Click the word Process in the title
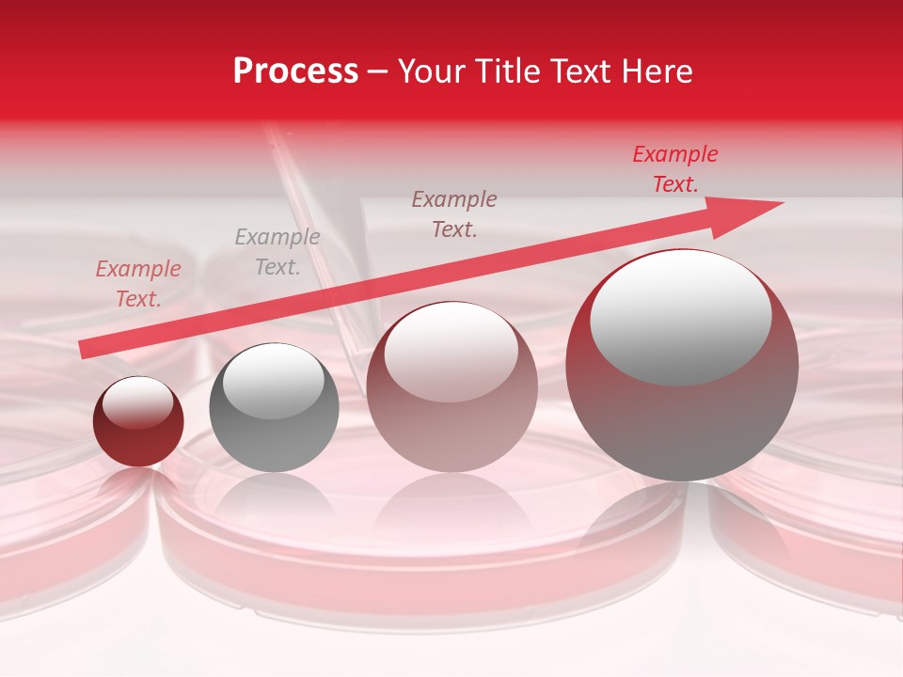295,72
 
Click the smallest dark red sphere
138,422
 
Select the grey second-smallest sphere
274,407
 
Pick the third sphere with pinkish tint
451,386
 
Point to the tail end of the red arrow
85,350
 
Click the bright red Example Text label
674,169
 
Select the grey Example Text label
277,252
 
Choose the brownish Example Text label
454,213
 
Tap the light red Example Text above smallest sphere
137,284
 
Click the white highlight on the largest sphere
680,318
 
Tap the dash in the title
378,72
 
